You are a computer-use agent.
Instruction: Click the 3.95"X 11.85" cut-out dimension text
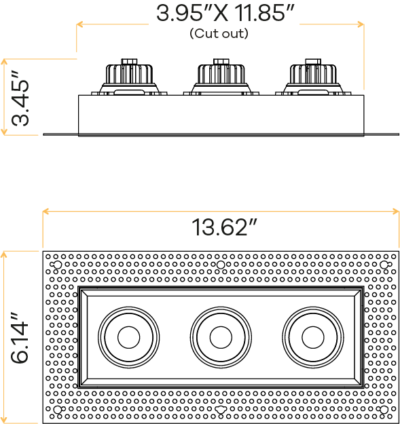coord(225,13)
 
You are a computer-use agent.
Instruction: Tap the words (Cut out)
coord(219,33)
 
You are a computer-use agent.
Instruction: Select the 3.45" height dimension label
coord(20,98)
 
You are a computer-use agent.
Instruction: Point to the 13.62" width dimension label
coord(224,227)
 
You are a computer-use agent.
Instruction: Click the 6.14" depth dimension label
coord(20,337)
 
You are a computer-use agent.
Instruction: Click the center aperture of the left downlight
coord(129,337)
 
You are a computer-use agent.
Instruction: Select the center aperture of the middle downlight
coord(221,337)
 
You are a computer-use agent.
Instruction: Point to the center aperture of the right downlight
coord(313,337)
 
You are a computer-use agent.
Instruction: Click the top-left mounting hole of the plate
coord(57,265)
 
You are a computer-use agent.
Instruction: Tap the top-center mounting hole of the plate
coord(221,265)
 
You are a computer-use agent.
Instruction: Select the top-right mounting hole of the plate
coord(384,265)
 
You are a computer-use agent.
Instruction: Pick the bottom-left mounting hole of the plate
coord(57,410)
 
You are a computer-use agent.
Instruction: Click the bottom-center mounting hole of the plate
coord(221,410)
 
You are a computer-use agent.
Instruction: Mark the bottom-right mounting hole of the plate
coord(384,410)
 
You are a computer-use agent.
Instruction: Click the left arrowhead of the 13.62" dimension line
coord(46,212)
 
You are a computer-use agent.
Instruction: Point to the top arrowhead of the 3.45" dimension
coord(4,62)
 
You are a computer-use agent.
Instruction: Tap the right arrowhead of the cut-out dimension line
coord(361,24)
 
